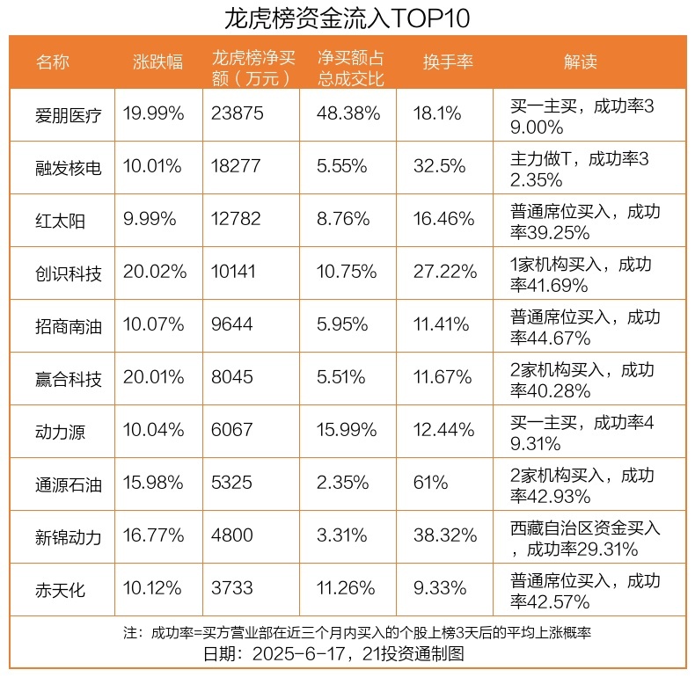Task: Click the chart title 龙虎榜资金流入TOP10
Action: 347,18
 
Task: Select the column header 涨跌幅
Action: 158,62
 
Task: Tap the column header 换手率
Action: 448,62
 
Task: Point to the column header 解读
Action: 580,62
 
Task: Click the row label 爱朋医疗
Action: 69,114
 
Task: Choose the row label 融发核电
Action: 69,167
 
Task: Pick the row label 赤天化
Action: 61,589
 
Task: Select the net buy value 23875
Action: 238,113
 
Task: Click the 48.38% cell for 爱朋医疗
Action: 348,113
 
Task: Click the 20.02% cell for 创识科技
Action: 155,272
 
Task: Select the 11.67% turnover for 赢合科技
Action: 443,377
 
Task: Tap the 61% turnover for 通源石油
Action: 430,483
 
